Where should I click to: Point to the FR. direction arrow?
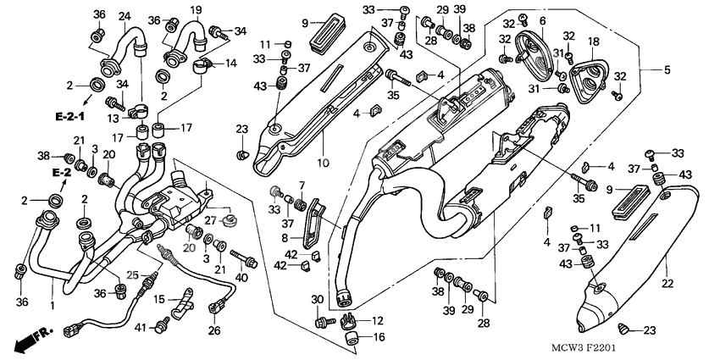(33, 340)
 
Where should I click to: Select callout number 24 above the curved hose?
(125, 16)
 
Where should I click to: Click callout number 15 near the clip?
(158, 300)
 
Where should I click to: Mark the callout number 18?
(593, 42)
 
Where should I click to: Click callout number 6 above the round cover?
(541, 20)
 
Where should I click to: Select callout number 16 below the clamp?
(378, 338)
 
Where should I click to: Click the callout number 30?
(318, 300)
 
